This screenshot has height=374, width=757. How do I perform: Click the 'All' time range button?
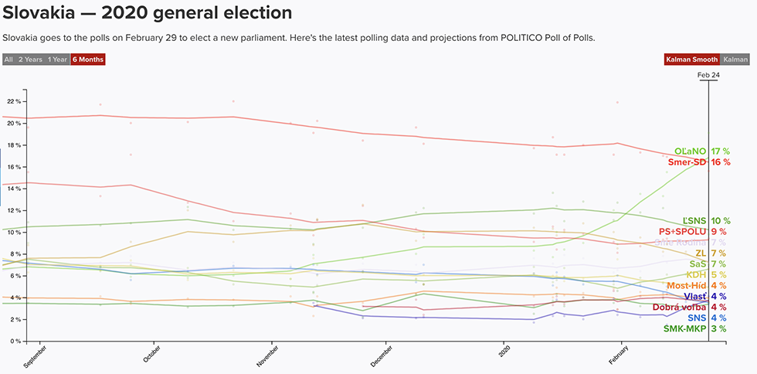click(x=8, y=59)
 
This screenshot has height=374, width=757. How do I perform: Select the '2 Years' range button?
click(x=30, y=59)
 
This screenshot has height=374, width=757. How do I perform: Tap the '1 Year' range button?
click(x=56, y=59)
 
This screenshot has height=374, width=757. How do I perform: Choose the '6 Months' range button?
click(x=87, y=59)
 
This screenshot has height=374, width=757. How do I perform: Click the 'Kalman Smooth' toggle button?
click(x=691, y=59)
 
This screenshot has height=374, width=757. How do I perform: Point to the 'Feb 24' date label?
click(x=708, y=75)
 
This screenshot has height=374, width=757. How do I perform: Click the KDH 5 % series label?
click(x=708, y=274)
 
